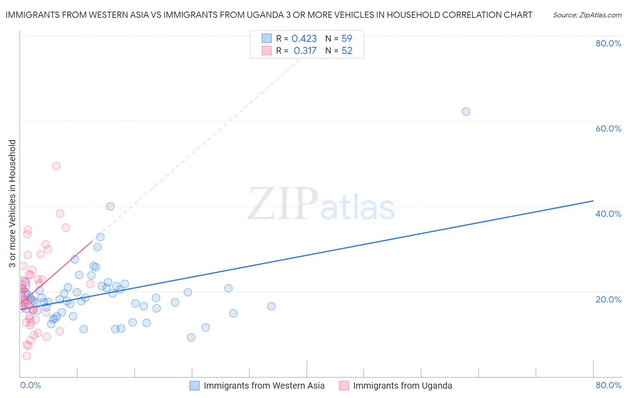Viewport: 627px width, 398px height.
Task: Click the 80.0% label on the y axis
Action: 608,43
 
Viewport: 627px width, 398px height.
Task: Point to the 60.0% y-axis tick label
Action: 608,129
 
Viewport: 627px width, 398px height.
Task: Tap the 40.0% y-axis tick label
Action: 608,214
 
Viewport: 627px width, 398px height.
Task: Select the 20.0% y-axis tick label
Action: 608,299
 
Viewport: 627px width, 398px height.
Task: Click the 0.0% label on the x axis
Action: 30,385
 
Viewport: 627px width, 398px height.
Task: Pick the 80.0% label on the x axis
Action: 608,385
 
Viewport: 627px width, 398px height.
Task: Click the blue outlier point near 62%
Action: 466,112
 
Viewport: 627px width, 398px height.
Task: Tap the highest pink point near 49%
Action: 56,166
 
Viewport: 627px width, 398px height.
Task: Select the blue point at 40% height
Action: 110,206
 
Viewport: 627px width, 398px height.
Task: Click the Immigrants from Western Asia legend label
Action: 264,386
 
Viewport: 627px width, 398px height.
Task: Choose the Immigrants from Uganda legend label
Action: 402,386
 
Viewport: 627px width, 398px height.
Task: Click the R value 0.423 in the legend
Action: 304,39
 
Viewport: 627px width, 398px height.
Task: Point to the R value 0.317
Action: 305,51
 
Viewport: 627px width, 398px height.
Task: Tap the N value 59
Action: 346,39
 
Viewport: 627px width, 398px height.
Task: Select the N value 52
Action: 346,51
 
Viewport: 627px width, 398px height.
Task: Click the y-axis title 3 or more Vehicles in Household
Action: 12,203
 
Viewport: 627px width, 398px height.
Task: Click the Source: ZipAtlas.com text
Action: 587,15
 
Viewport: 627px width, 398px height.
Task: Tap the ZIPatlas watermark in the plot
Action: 321,204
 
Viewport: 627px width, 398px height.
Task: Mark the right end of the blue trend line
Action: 593,201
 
